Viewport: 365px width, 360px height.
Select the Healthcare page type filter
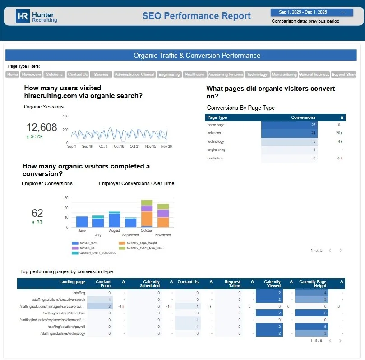pyautogui.click(x=194, y=75)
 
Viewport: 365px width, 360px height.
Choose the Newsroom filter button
pyautogui.click(x=32, y=75)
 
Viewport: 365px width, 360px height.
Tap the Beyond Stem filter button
pyautogui.click(x=344, y=75)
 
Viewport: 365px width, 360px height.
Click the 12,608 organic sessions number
pyautogui.click(x=42, y=127)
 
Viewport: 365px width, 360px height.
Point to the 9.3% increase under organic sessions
pyautogui.click(x=34, y=136)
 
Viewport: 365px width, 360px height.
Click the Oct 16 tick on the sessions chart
pyautogui.click(x=119, y=146)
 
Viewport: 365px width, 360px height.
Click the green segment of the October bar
pyautogui.click(x=147, y=203)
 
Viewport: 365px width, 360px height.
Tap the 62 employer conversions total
pyautogui.click(x=37, y=213)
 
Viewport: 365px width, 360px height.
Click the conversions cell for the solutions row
pyautogui.click(x=289, y=133)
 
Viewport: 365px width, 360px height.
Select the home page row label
pyautogui.click(x=216, y=125)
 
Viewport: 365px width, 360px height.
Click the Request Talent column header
pyautogui.click(x=232, y=284)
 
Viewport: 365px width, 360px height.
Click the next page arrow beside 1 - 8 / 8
pyautogui.click(x=340, y=341)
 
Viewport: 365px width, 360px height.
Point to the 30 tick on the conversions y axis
pyautogui.click(x=66, y=198)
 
